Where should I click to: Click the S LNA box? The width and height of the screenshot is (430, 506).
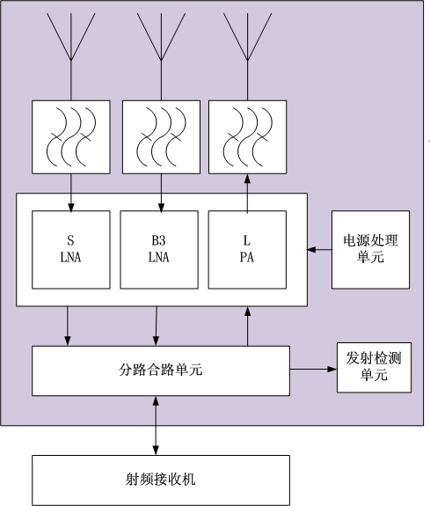(71, 250)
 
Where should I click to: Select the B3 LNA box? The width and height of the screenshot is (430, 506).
(159, 250)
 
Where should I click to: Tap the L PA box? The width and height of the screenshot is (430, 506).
(247, 250)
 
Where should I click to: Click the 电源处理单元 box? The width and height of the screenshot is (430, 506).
(371, 250)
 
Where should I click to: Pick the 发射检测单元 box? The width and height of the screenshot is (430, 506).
(375, 368)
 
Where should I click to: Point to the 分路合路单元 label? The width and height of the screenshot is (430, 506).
(161, 370)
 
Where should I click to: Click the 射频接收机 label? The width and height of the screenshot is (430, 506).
(161, 479)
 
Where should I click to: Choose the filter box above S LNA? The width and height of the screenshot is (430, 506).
(71, 136)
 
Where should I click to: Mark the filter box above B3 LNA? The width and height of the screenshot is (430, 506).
(161, 136)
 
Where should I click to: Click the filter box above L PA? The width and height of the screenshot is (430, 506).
(247, 136)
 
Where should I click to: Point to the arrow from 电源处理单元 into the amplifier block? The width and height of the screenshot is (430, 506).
(319, 249)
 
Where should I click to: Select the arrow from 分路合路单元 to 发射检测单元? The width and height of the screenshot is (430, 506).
(313, 369)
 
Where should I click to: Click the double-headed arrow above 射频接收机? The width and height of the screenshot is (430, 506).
(156, 426)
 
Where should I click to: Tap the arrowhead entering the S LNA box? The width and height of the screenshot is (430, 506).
(71, 209)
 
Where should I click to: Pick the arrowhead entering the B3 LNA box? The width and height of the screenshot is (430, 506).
(161, 209)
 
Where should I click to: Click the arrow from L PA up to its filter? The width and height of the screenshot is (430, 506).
(247, 194)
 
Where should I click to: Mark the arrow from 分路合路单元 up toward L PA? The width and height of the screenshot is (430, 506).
(247, 326)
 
